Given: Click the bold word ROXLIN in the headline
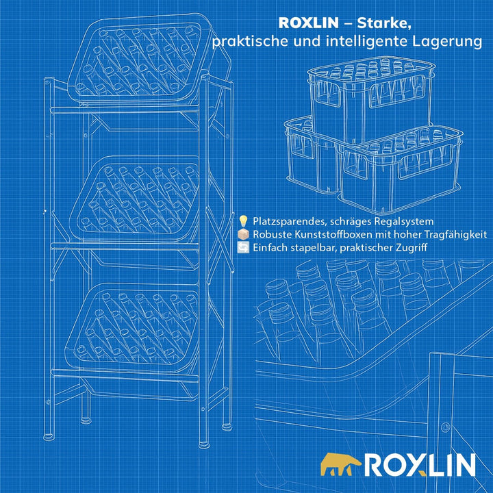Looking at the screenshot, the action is (308, 23).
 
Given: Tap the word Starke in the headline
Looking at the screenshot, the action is (384, 23).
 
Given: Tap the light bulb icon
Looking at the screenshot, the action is (243, 221).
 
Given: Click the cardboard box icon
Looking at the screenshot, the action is (243, 235).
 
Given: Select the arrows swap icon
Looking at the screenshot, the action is (243, 248).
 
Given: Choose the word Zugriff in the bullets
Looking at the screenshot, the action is (412, 248).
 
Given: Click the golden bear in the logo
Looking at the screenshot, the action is (341, 464).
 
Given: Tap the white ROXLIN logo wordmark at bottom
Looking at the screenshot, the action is (420, 465).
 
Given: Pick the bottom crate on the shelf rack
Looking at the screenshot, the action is (132, 329).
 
